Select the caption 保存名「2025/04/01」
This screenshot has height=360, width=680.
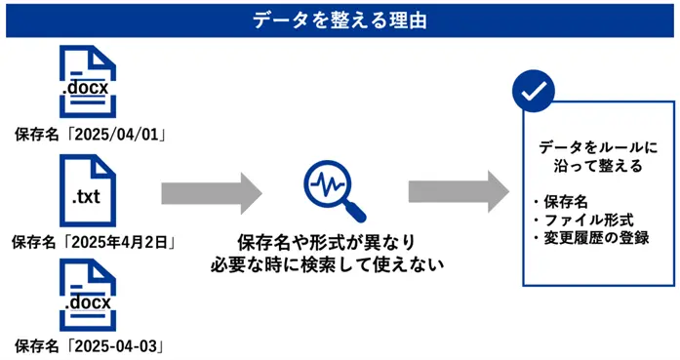pyautogui.click(x=89, y=132)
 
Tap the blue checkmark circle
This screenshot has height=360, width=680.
pyautogui.click(x=533, y=93)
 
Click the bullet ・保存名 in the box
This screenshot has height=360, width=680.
pyautogui.click(x=560, y=202)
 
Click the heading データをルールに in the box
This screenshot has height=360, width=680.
pyautogui.click(x=598, y=147)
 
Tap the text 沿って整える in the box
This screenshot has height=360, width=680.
pyautogui.click(x=598, y=167)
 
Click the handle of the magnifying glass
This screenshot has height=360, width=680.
pyautogui.click(x=356, y=211)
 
